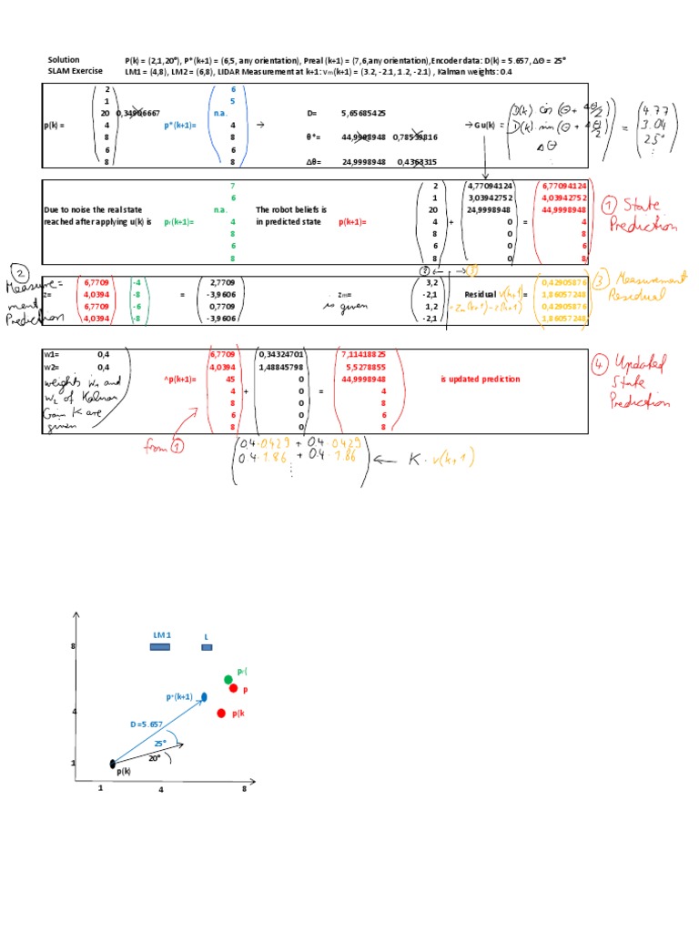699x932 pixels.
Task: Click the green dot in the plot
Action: [228, 679]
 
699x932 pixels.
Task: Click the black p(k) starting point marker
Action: [112, 764]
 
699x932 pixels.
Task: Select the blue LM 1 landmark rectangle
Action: [159, 647]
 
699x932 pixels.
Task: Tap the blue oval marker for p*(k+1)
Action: [204, 696]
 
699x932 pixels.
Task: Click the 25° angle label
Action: [160, 743]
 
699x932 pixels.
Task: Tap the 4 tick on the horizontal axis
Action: [161, 790]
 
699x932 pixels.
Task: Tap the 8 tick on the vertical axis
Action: [73, 646]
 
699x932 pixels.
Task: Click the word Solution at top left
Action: [64, 59]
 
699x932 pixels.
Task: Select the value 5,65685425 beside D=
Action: [363, 114]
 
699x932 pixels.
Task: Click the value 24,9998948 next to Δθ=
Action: [363, 162]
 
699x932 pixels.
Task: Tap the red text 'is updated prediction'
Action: [478, 380]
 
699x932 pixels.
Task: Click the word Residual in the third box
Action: [481, 295]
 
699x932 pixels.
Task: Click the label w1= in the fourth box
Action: [51, 354]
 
